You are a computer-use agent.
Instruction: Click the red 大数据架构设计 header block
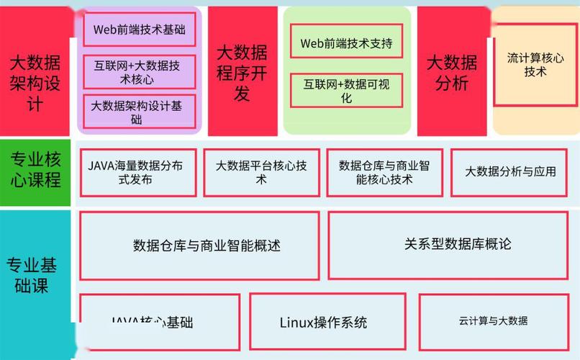pyautogui.click(x=35, y=72)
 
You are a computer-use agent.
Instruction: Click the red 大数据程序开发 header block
pyautogui.click(x=242, y=72)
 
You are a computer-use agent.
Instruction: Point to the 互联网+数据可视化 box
pyautogui.click(x=346, y=91)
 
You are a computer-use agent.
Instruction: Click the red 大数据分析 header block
pyautogui.click(x=452, y=72)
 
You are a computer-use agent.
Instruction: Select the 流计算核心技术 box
pyautogui.click(x=535, y=64)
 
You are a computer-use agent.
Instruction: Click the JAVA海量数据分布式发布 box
pyautogui.click(x=137, y=173)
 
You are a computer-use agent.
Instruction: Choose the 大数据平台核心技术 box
pyautogui.click(x=261, y=173)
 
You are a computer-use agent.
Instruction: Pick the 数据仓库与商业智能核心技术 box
pyautogui.click(x=384, y=173)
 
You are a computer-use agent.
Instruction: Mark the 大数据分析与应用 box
pyautogui.click(x=510, y=173)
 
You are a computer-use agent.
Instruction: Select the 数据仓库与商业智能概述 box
pyautogui.click(x=199, y=246)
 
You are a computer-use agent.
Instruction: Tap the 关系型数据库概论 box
pyautogui.click(x=458, y=245)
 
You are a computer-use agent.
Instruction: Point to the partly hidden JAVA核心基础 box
pyautogui.click(x=159, y=321)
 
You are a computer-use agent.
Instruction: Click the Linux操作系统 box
pyautogui.click(x=323, y=321)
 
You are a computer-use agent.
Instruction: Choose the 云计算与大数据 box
pyautogui.click(x=493, y=321)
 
